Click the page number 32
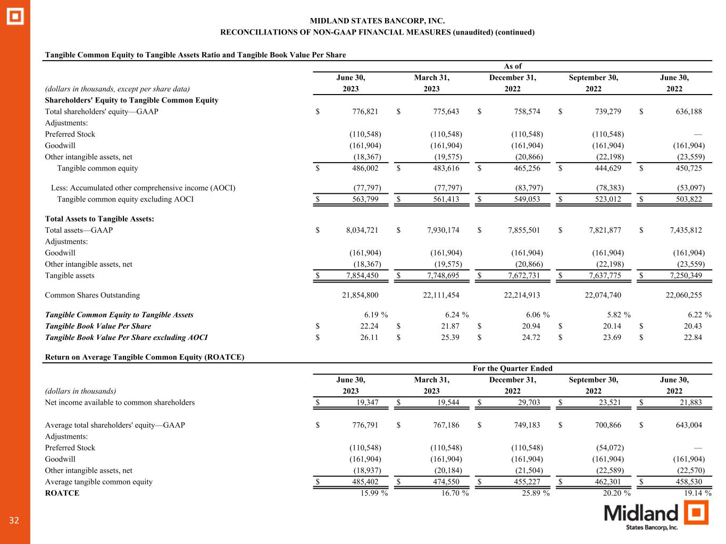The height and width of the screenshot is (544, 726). tap(14, 521)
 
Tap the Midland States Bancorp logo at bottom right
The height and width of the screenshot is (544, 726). tap(656, 515)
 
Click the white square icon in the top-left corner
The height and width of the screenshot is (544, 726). tap(15, 16)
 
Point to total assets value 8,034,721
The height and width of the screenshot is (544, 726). tap(362, 230)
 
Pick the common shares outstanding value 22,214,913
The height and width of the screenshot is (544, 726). tap(522, 295)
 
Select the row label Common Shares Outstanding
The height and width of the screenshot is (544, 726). tap(93, 295)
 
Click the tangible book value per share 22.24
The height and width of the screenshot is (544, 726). tap(369, 326)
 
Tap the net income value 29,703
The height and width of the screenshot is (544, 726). tap(529, 402)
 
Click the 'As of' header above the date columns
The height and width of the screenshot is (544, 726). tap(513, 66)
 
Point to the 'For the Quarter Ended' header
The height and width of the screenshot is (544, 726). tap(513, 368)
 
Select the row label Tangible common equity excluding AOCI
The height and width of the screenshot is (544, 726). tap(126, 199)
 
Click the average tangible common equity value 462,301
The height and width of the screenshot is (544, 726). tap(608, 482)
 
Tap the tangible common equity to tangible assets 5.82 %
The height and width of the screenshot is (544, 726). tap(613, 314)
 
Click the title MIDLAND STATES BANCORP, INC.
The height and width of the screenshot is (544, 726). tap(377, 21)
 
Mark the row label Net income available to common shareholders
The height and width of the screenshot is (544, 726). tap(120, 402)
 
